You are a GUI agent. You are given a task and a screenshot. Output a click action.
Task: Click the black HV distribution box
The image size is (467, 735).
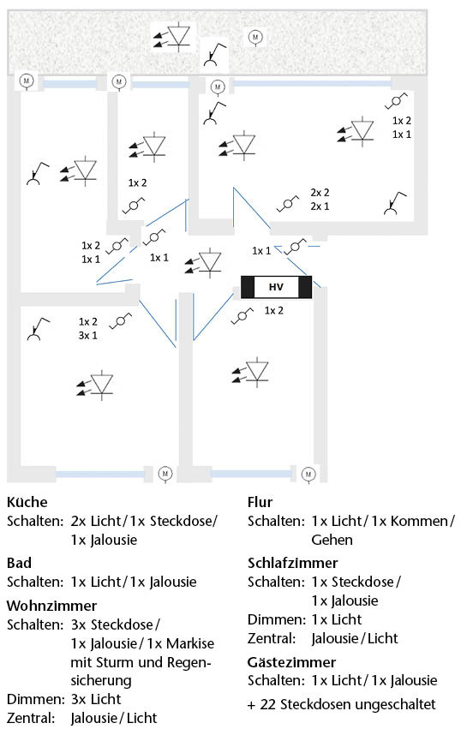[276, 286]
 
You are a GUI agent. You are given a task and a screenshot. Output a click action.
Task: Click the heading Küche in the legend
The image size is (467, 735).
[27, 502]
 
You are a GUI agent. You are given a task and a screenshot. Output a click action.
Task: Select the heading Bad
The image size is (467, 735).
[19, 563]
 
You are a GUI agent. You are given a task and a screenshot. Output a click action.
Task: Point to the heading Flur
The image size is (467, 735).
[260, 502]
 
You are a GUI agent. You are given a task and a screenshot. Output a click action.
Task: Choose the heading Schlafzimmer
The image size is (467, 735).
[292, 563]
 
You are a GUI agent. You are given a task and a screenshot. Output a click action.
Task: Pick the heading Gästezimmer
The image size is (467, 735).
[290, 661]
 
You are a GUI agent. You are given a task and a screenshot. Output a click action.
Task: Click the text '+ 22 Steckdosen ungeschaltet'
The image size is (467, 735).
[342, 704]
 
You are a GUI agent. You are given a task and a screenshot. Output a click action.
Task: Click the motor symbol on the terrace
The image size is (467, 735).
[254, 36]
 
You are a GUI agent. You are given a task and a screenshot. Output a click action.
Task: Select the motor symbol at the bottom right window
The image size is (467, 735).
[308, 473]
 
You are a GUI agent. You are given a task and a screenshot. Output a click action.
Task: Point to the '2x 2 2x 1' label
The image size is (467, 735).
[320, 200]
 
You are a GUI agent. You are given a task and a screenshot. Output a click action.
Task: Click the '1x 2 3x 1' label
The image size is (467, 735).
[88, 328]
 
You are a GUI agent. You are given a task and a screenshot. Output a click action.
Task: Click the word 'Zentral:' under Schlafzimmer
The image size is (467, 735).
[272, 638]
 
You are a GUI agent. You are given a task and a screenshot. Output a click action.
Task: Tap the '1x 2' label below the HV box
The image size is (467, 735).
[274, 310]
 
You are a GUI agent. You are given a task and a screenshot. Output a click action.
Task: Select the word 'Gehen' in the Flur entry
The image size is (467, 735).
[332, 540]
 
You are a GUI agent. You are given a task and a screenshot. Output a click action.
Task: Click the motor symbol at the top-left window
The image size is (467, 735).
[27, 81]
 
